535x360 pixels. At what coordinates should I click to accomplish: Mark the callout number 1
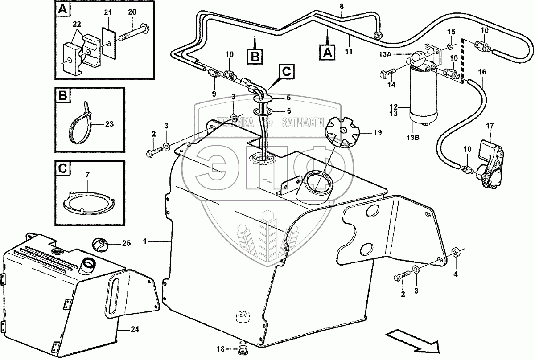[x=144, y=241]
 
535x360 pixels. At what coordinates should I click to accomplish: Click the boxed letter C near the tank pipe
[x=286, y=70]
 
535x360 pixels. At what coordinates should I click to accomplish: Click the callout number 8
[x=342, y=7]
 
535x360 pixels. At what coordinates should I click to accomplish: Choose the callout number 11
[x=349, y=51]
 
